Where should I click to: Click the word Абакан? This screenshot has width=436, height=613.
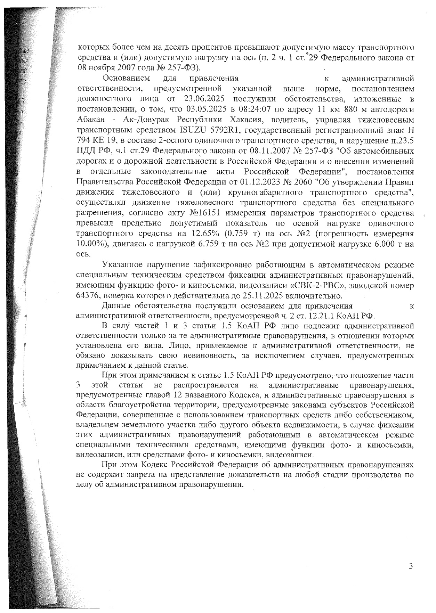pyautogui.click(x=90, y=120)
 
